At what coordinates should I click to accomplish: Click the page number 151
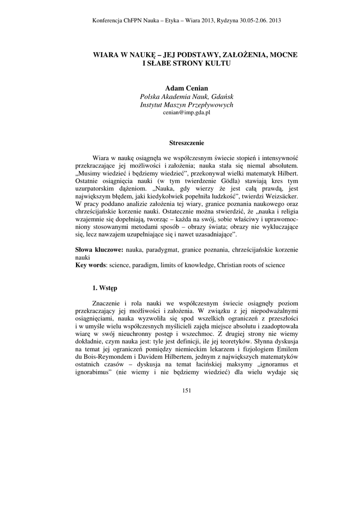pyautogui.click(x=186, y=390)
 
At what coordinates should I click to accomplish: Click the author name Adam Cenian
pyautogui.click(x=186, y=88)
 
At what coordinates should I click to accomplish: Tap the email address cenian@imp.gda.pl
pyautogui.click(x=186, y=113)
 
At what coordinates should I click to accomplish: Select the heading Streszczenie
pyautogui.click(x=186, y=143)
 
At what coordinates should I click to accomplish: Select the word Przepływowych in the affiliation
pyautogui.click(x=208, y=105)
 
